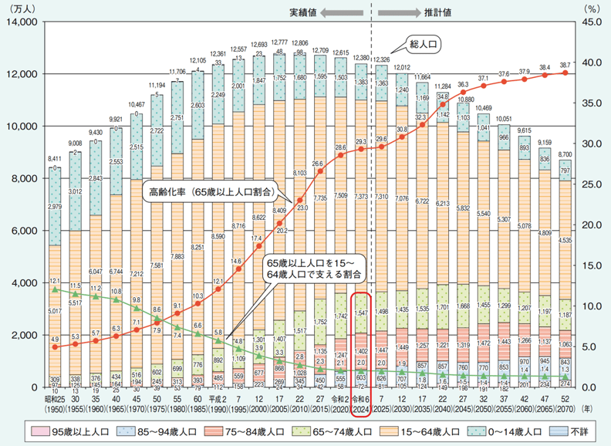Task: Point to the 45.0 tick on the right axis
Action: click(589, 22)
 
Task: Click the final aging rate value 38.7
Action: click(566, 65)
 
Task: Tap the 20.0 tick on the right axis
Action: click(589, 225)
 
